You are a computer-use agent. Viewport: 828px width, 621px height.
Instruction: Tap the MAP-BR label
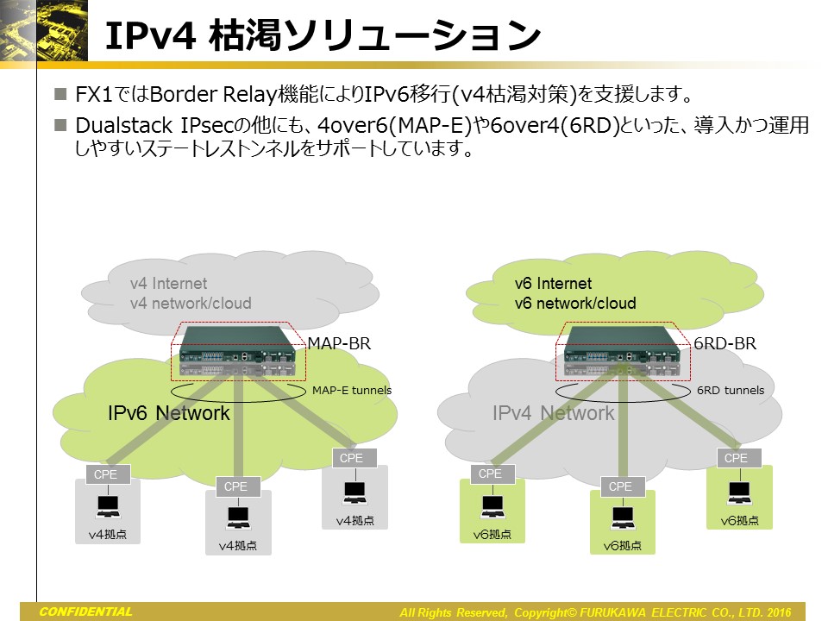coord(339,344)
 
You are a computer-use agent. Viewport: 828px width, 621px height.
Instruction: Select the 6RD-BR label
coord(724,344)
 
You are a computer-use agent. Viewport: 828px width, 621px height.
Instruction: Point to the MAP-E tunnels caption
coord(352,391)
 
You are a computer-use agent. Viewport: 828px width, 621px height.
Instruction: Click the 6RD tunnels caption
coord(730,391)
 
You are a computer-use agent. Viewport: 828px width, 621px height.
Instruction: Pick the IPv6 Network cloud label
coord(169,413)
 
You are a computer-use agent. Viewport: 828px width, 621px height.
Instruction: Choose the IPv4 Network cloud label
coord(553,413)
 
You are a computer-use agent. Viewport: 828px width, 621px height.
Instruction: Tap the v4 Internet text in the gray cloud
coord(169,284)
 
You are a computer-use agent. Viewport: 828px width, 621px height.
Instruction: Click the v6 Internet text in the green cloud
coord(553,284)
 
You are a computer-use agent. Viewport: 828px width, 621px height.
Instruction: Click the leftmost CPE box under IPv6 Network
coord(108,474)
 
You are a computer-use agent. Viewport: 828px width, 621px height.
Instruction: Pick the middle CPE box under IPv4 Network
coord(620,486)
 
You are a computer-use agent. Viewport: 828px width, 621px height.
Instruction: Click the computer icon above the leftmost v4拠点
coord(108,506)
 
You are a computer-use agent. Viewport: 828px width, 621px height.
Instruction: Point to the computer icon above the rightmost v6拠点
coord(739,492)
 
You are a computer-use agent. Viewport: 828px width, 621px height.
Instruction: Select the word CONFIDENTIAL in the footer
coord(85,612)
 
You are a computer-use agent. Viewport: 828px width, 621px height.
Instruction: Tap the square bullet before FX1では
coord(60,92)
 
